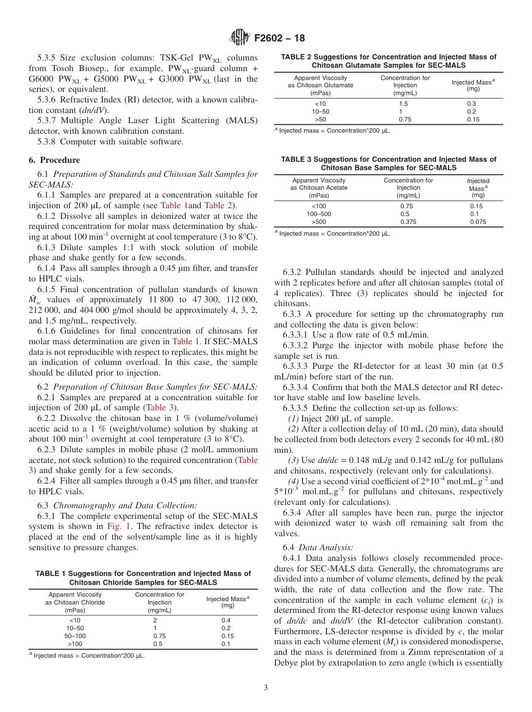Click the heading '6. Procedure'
(x=54, y=160)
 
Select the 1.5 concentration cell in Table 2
(x=403, y=104)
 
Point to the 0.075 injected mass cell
(x=478, y=222)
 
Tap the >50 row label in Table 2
(x=320, y=119)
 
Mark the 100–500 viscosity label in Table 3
(x=319, y=214)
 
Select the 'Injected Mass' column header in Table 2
(x=473, y=82)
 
